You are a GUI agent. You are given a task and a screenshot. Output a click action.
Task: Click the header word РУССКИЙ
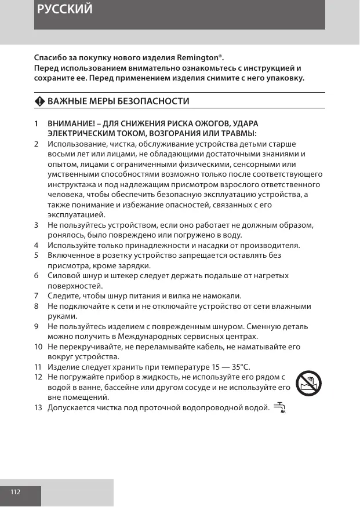point(64,10)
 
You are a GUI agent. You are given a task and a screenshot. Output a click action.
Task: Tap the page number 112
point(14,492)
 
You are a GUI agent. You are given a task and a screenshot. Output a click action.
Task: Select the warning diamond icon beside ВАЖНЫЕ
point(39,101)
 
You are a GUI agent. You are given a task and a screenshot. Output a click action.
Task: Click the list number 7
point(36,296)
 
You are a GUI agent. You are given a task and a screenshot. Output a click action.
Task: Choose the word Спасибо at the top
point(50,58)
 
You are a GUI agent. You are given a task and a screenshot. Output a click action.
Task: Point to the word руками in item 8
point(61,316)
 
